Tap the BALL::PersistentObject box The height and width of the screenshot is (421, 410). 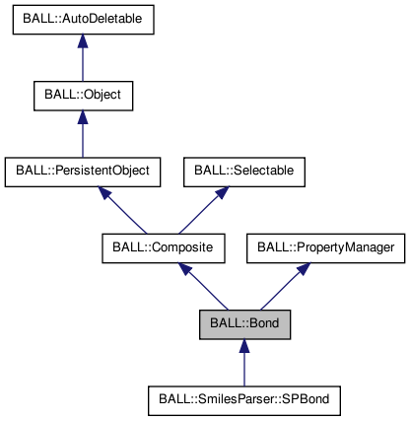(83, 170)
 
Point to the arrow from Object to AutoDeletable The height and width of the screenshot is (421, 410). (83, 63)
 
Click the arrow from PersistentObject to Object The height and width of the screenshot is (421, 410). (83, 137)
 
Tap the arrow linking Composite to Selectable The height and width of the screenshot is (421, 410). (202, 209)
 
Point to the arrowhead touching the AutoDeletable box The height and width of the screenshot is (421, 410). (83, 43)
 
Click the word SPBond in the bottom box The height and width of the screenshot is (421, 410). (309, 399)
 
